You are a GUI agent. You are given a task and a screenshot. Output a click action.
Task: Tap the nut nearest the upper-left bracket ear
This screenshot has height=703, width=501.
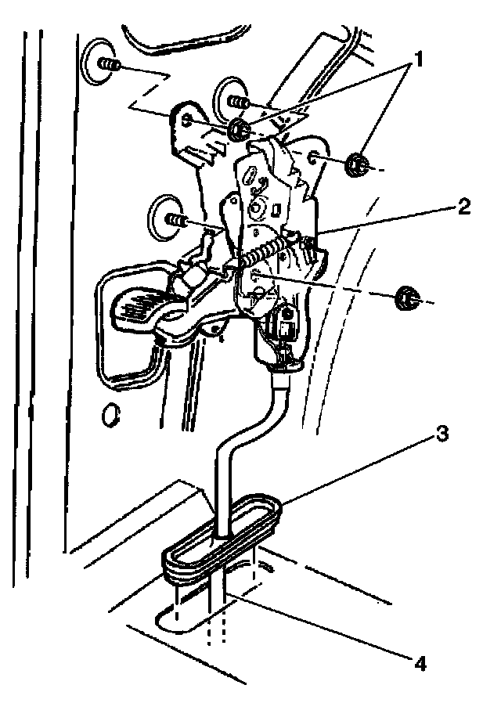click(240, 128)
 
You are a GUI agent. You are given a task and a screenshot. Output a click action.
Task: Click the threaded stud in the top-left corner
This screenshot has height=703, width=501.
click(110, 67)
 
